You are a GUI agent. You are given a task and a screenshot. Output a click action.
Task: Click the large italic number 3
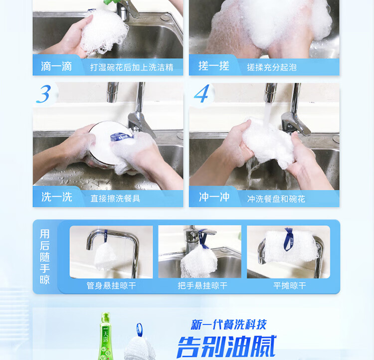(44, 94)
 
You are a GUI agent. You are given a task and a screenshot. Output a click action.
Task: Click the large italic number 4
(202, 94)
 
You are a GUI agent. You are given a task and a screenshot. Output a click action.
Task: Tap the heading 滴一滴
(56, 66)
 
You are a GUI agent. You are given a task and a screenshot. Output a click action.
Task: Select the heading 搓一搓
(214, 66)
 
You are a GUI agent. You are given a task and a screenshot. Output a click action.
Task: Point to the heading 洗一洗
(57, 197)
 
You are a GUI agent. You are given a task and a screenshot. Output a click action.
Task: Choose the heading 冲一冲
(214, 197)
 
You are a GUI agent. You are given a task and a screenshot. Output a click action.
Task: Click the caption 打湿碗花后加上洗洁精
(132, 67)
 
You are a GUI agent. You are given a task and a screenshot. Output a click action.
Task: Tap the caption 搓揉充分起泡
(272, 67)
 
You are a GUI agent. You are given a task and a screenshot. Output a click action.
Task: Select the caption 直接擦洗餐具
(116, 198)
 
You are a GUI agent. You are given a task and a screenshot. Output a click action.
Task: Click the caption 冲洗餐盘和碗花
(276, 199)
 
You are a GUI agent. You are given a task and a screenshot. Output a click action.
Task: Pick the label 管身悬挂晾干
(111, 286)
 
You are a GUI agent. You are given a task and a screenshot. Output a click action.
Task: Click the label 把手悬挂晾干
(202, 286)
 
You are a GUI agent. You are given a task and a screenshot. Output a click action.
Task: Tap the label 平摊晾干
(290, 286)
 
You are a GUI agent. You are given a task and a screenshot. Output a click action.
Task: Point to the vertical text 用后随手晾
(44, 257)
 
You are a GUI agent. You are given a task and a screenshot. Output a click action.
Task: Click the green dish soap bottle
(105, 337)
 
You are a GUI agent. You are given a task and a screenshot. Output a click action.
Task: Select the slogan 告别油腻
(226, 347)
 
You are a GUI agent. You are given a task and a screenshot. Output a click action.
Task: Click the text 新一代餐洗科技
(228, 325)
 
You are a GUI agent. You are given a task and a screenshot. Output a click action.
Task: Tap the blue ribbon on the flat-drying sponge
(289, 239)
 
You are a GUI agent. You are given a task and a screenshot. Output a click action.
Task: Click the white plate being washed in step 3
(109, 143)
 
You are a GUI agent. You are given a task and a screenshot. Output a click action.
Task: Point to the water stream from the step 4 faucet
(267, 113)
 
